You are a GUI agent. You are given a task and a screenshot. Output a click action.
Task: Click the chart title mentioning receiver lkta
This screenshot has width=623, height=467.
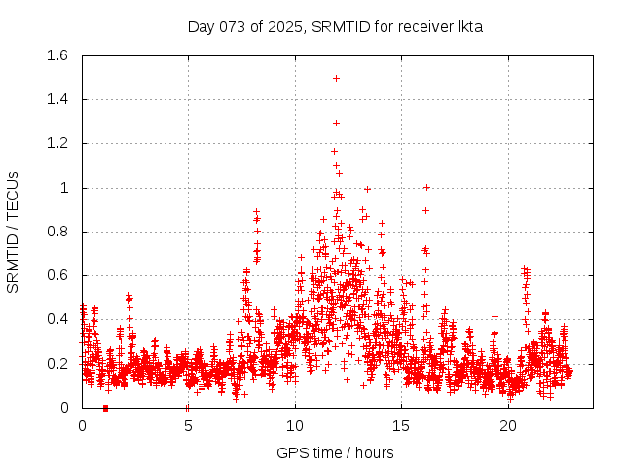click(x=335, y=26)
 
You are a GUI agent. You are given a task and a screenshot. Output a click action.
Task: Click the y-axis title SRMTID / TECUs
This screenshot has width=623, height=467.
click(x=13, y=232)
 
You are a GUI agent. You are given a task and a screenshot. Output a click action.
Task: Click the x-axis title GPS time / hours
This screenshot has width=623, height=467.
click(x=335, y=452)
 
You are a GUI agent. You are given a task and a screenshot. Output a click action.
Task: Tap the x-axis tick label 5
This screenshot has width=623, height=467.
click(x=188, y=426)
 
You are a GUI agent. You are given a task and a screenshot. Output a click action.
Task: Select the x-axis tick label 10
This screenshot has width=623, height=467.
click(x=295, y=426)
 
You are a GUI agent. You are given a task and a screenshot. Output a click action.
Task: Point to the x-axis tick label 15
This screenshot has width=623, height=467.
click(x=401, y=426)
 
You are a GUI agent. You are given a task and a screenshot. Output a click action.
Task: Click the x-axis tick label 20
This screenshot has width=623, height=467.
click(x=508, y=426)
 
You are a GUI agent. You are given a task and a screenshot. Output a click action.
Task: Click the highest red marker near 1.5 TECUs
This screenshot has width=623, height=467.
click(x=336, y=78)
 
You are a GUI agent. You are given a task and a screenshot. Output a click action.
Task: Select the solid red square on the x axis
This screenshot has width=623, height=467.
click(x=105, y=408)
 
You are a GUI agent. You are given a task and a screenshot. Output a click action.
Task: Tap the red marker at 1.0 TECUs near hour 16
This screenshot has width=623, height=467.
click(x=426, y=187)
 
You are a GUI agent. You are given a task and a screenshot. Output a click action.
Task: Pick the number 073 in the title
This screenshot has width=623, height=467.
click(x=234, y=26)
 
